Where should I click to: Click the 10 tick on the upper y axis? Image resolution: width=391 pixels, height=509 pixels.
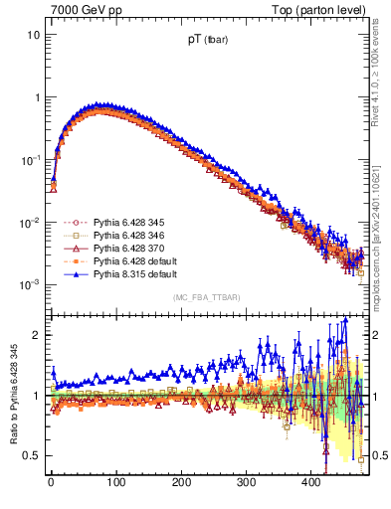coord(34,35)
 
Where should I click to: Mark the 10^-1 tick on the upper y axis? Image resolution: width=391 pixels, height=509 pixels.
coord(31,160)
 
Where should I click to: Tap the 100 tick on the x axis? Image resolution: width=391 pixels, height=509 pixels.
coord(115,482)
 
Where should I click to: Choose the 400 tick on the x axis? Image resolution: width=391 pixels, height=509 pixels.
coord(311,482)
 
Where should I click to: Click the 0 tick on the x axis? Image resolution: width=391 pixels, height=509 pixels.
coord(51,482)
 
